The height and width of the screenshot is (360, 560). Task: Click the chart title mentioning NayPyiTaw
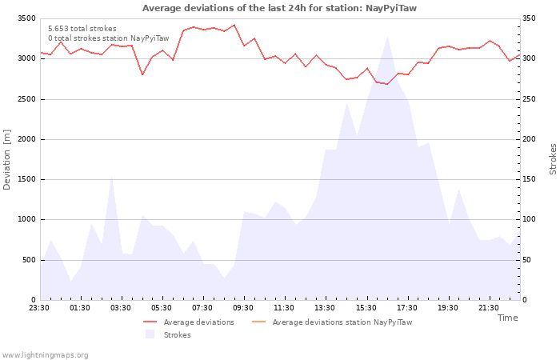click(x=279, y=8)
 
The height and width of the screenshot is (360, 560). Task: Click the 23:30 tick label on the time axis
click(x=40, y=308)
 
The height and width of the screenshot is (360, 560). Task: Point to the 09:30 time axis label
click(x=244, y=308)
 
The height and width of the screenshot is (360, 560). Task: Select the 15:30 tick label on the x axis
click(x=366, y=308)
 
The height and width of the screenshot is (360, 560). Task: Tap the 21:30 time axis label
click(x=489, y=308)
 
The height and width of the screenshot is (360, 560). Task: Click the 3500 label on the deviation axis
click(x=26, y=18)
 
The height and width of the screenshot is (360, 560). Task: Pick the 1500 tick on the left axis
click(x=26, y=179)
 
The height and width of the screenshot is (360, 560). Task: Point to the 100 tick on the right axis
click(x=531, y=219)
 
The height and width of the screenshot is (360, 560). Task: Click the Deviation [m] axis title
click(x=8, y=159)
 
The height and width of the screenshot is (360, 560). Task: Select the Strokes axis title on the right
click(x=553, y=159)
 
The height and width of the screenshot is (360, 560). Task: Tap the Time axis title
click(x=507, y=318)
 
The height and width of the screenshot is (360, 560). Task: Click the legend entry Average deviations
click(x=198, y=322)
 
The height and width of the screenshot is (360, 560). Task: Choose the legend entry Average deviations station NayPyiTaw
click(x=342, y=322)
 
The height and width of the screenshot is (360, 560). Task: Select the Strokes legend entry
click(x=177, y=335)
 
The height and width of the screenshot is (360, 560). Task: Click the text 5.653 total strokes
click(x=82, y=29)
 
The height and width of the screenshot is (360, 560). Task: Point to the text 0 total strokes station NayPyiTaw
click(x=108, y=38)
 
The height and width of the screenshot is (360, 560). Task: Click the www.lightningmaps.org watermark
click(x=46, y=354)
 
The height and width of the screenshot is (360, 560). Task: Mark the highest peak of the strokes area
click(x=387, y=36)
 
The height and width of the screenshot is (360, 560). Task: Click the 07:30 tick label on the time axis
click(x=203, y=308)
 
